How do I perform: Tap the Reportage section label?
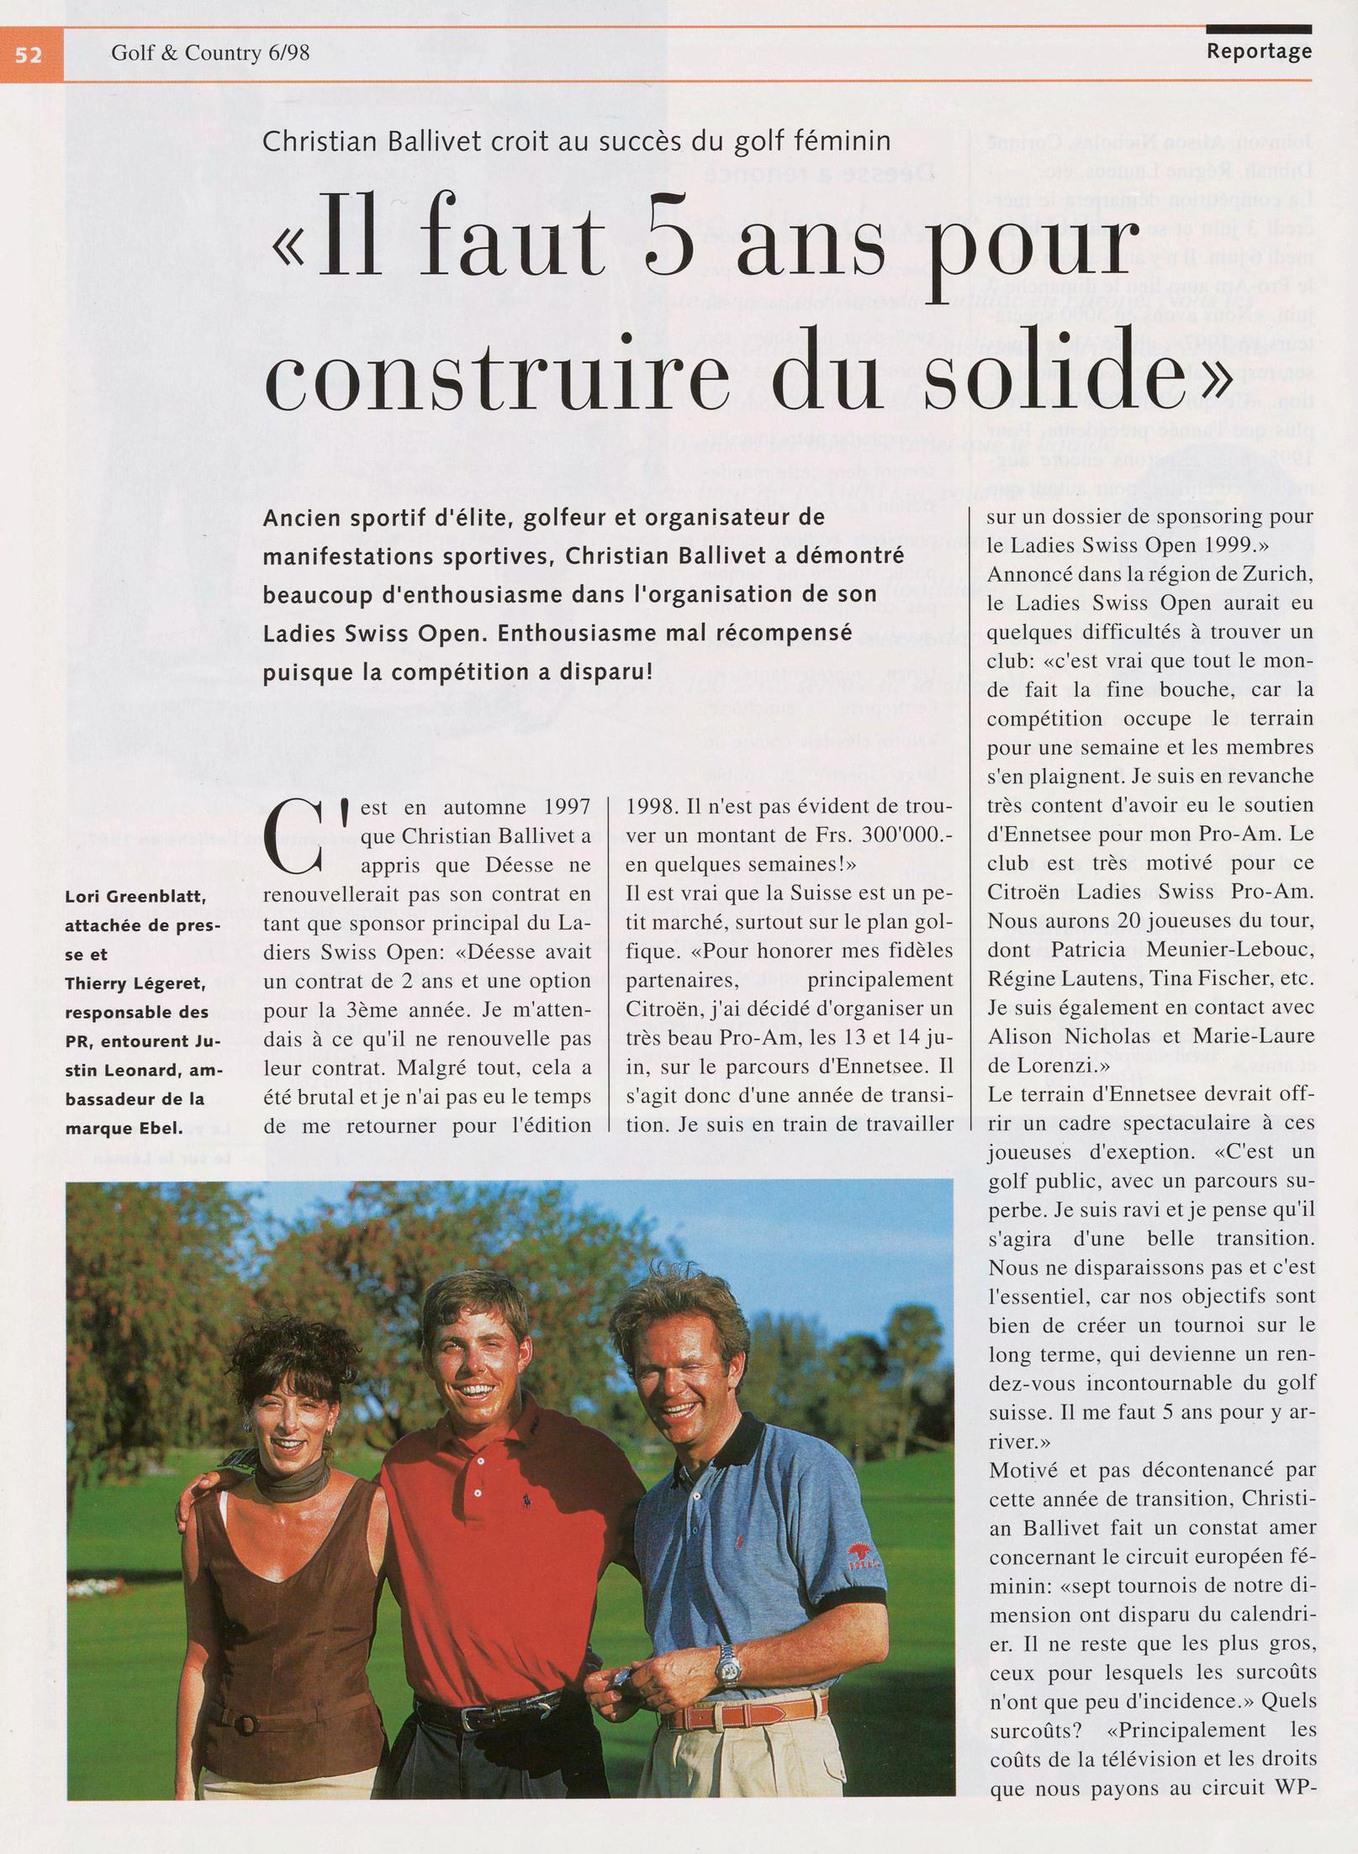[1259, 51]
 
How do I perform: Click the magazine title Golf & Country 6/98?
[210, 54]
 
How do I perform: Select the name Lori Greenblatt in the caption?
[135, 897]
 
